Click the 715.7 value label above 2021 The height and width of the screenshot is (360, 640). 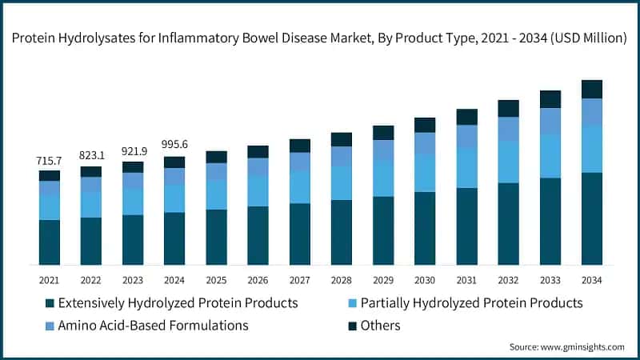click(x=49, y=162)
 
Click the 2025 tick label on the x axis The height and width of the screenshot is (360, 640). click(x=216, y=280)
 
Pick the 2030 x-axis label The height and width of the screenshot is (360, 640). click(x=425, y=280)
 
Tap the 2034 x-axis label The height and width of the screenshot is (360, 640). click(x=591, y=280)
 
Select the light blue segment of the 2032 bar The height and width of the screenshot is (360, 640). click(x=508, y=162)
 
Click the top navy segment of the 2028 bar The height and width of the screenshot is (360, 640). click(x=342, y=139)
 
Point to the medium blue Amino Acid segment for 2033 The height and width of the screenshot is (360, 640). click(x=550, y=121)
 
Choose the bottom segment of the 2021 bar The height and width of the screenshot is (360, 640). click(x=49, y=242)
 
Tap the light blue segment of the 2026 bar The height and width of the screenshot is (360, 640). click(x=258, y=190)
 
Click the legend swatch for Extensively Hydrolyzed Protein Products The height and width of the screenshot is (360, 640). click(x=50, y=304)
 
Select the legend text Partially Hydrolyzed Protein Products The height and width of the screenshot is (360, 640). click(x=471, y=303)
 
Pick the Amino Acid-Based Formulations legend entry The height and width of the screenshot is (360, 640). click(x=152, y=325)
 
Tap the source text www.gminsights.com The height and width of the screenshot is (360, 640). click(x=581, y=346)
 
